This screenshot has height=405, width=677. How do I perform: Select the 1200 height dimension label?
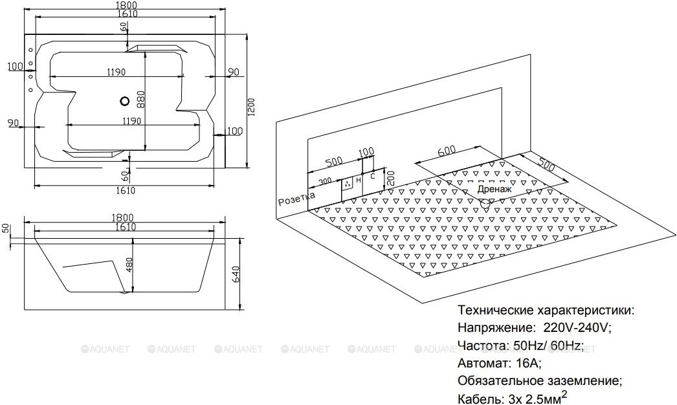click(x=252, y=107)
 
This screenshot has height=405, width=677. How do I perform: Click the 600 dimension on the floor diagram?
click(x=447, y=151)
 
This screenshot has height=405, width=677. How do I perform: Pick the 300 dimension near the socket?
click(x=326, y=181)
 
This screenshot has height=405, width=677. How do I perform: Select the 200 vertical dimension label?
click(x=390, y=177)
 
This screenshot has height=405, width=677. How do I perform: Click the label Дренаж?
click(x=494, y=189)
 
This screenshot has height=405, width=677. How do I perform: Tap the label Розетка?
click(x=296, y=199)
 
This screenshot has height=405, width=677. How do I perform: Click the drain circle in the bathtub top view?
click(x=124, y=102)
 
